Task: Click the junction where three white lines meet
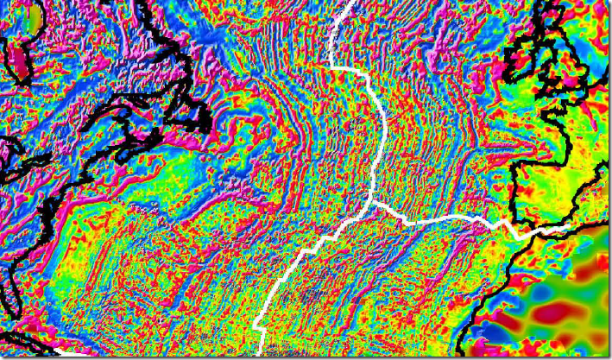372,203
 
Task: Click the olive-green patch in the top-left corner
35,14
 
